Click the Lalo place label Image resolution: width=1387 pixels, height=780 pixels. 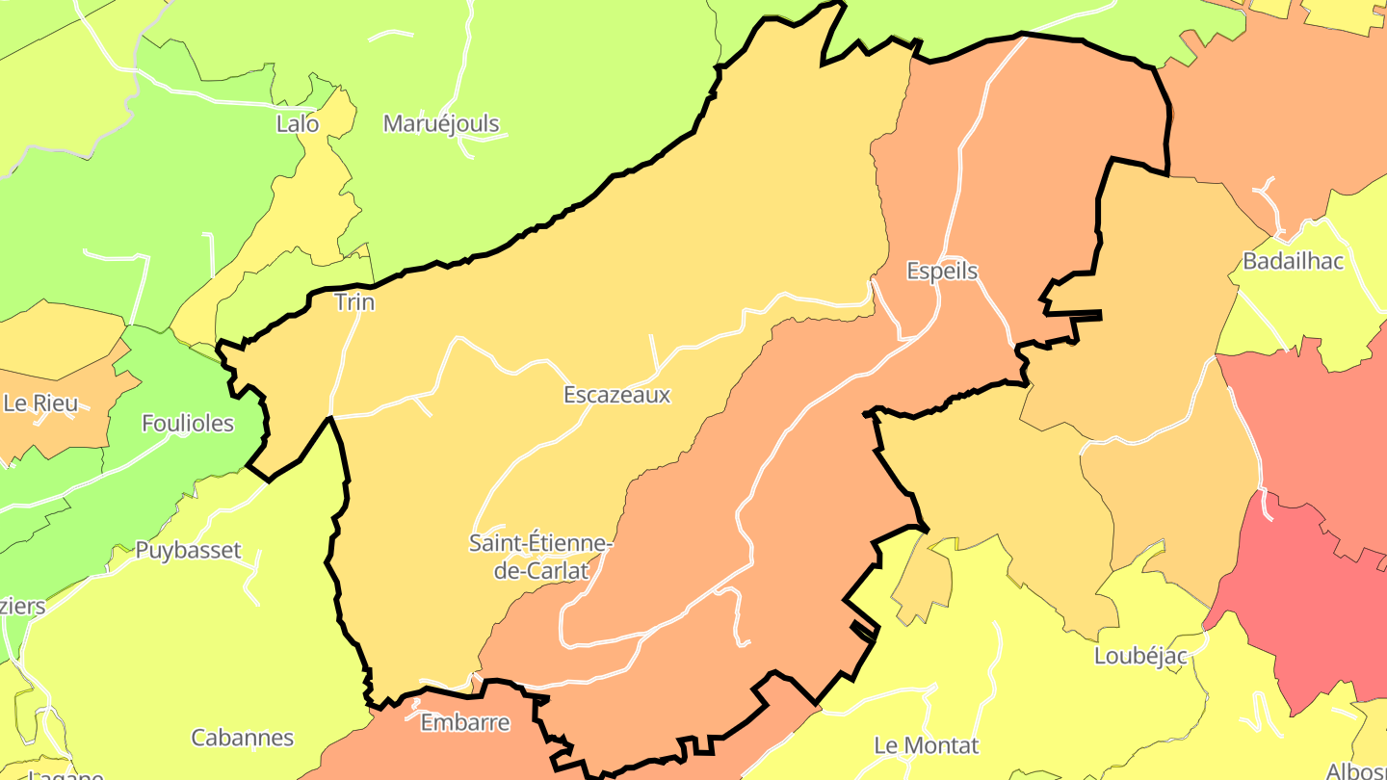pos(297,123)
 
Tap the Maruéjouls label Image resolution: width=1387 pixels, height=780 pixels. pos(441,123)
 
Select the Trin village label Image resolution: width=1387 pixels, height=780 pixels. pos(353,302)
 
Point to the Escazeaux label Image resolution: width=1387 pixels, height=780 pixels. pos(616,395)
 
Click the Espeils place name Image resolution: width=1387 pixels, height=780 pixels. pos(942,272)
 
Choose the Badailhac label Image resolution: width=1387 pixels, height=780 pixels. pos(1293,261)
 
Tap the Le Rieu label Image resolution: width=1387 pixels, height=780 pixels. pos(40,403)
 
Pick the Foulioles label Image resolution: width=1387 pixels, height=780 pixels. pos(188,423)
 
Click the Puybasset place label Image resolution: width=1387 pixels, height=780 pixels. pos(187,551)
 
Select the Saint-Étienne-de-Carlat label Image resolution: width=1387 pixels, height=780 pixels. pos(540,557)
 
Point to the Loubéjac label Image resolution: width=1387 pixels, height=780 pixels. pos(1140,656)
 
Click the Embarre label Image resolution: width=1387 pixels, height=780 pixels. pos(465,722)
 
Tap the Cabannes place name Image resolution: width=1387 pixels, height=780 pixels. pos(242,738)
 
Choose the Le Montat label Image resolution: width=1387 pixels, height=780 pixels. pos(926,745)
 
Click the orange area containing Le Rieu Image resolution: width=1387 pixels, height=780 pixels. pos(58,433)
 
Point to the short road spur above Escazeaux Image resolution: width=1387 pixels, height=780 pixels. pos(654,351)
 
